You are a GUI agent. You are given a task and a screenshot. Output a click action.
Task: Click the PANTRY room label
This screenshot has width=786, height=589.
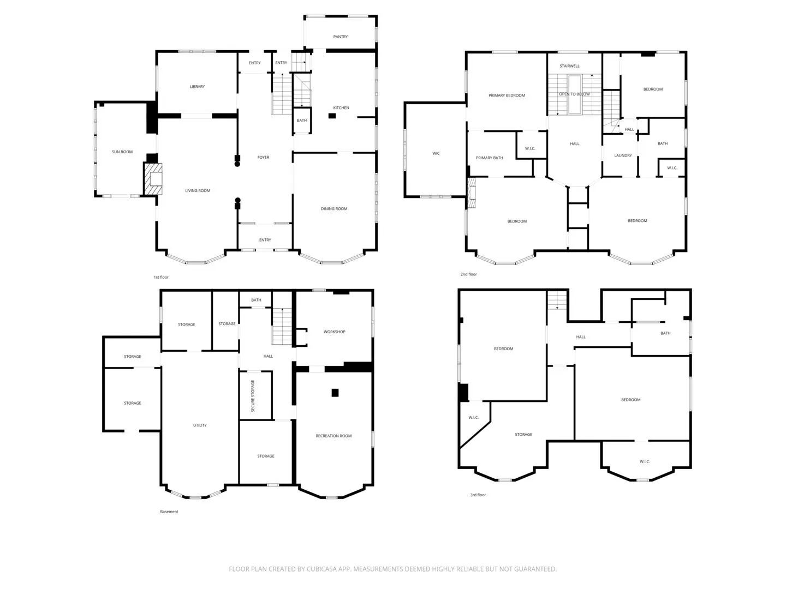pyautogui.click(x=340, y=37)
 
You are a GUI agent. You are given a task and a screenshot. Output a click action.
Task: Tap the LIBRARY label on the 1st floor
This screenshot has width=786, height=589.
pyautogui.click(x=197, y=87)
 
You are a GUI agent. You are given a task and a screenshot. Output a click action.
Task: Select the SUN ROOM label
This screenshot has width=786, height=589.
pyautogui.click(x=122, y=152)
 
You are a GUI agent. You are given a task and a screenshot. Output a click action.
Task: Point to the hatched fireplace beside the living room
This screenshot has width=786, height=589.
pyautogui.click(x=153, y=179)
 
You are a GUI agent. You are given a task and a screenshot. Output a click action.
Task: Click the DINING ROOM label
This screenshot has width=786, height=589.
pyautogui.click(x=334, y=208)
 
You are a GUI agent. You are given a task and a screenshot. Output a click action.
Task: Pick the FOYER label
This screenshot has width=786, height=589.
pyautogui.click(x=263, y=157)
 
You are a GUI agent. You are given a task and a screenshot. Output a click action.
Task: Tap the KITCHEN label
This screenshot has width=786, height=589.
pyautogui.click(x=341, y=107)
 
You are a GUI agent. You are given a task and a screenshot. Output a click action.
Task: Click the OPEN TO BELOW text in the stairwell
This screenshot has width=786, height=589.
pyautogui.click(x=574, y=94)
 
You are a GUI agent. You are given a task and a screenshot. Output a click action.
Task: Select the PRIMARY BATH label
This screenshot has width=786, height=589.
pyautogui.click(x=489, y=158)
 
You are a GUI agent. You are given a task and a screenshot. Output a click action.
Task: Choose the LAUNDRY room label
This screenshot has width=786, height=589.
pyautogui.click(x=623, y=155)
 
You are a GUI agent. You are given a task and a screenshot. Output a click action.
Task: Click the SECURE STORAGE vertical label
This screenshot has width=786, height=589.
pyautogui.click(x=253, y=395)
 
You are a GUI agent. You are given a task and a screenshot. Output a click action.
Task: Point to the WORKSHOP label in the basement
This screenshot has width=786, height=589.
pyautogui.click(x=334, y=332)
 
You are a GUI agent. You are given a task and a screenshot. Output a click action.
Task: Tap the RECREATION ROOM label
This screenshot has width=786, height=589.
pyautogui.click(x=334, y=436)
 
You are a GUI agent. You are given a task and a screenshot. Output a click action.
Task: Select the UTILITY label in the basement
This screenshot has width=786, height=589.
pyautogui.click(x=200, y=425)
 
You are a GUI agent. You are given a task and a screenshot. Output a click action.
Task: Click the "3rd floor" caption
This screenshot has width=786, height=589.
pyautogui.click(x=478, y=495)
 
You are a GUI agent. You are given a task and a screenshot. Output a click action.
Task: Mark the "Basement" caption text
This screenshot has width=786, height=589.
pyautogui.click(x=169, y=512)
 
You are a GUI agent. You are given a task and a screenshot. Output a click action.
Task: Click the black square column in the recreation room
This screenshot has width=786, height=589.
pyautogui.click(x=335, y=393)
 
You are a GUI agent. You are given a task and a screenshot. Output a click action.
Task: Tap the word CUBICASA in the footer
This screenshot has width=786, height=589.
pyautogui.click(x=321, y=569)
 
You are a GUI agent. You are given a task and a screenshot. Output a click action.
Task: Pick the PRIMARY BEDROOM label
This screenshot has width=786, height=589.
pyautogui.click(x=507, y=95)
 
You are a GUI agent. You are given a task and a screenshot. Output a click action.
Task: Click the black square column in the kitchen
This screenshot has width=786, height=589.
pyautogui.click(x=332, y=116)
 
